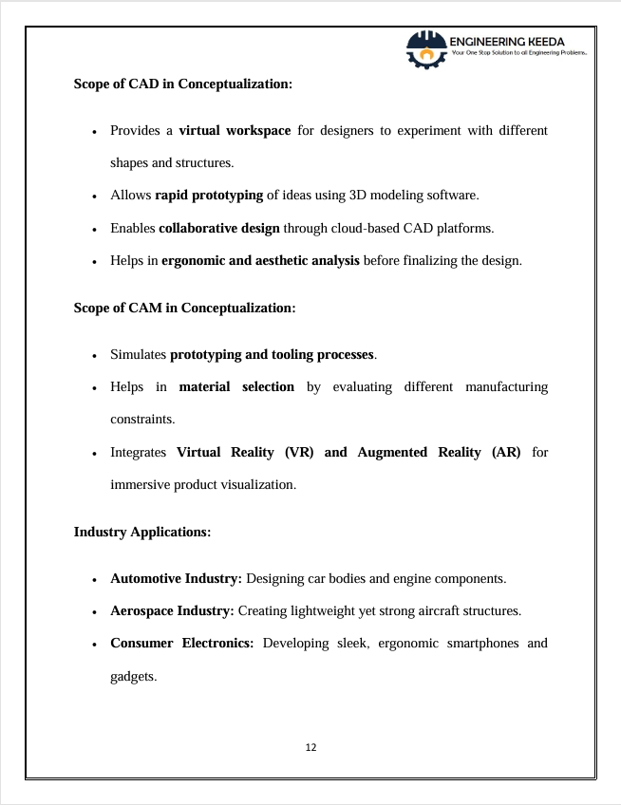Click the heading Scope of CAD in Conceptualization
pyautogui.click(x=182, y=84)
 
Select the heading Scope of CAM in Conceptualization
pyautogui.click(x=184, y=308)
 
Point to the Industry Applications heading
pyautogui.click(x=141, y=532)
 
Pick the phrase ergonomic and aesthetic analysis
pyautogui.click(x=260, y=260)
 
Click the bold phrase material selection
pyautogui.click(x=236, y=386)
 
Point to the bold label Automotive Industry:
pyautogui.click(x=177, y=578)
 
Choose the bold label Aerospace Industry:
pyautogui.click(x=172, y=610)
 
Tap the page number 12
pyautogui.click(x=311, y=747)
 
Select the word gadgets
pyautogui.click(x=133, y=676)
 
